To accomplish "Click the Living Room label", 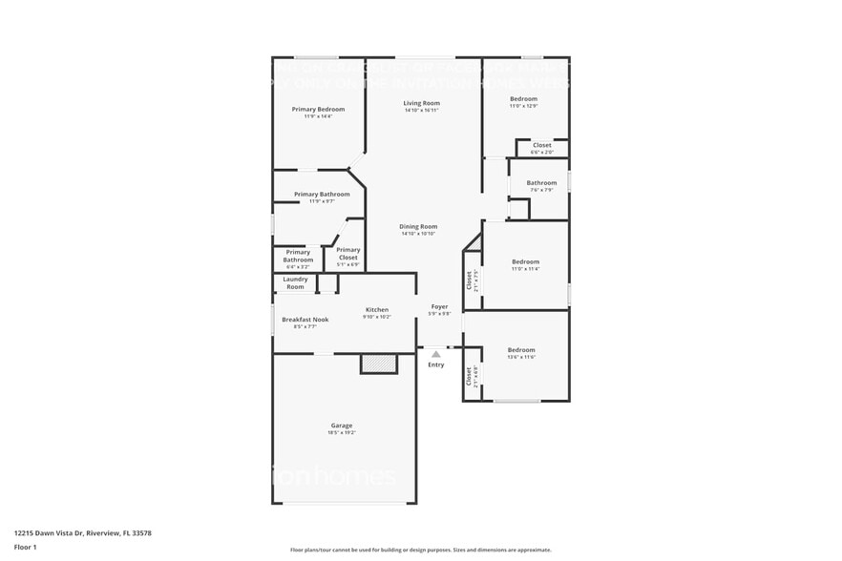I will (421, 103).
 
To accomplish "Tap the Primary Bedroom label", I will (318, 110).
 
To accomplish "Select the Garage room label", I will (342, 426).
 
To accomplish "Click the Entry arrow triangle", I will (436, 354).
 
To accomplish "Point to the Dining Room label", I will (418, 227).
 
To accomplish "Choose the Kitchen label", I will (377, 310).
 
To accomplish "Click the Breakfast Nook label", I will (305, 320).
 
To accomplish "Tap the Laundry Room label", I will (296, 282).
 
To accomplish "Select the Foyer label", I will (439, 307).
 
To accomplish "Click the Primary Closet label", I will (348, 253).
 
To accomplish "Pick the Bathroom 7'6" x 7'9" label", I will (541, 183).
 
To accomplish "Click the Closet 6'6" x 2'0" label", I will (542, 145).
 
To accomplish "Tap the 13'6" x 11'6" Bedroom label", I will (521, 350).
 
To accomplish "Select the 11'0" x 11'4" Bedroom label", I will (525, 262).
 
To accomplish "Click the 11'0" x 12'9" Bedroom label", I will (523, 99).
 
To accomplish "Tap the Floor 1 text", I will (25, 547).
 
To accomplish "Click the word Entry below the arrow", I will (436, 364).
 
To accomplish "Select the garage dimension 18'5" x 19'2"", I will (342, 433).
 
